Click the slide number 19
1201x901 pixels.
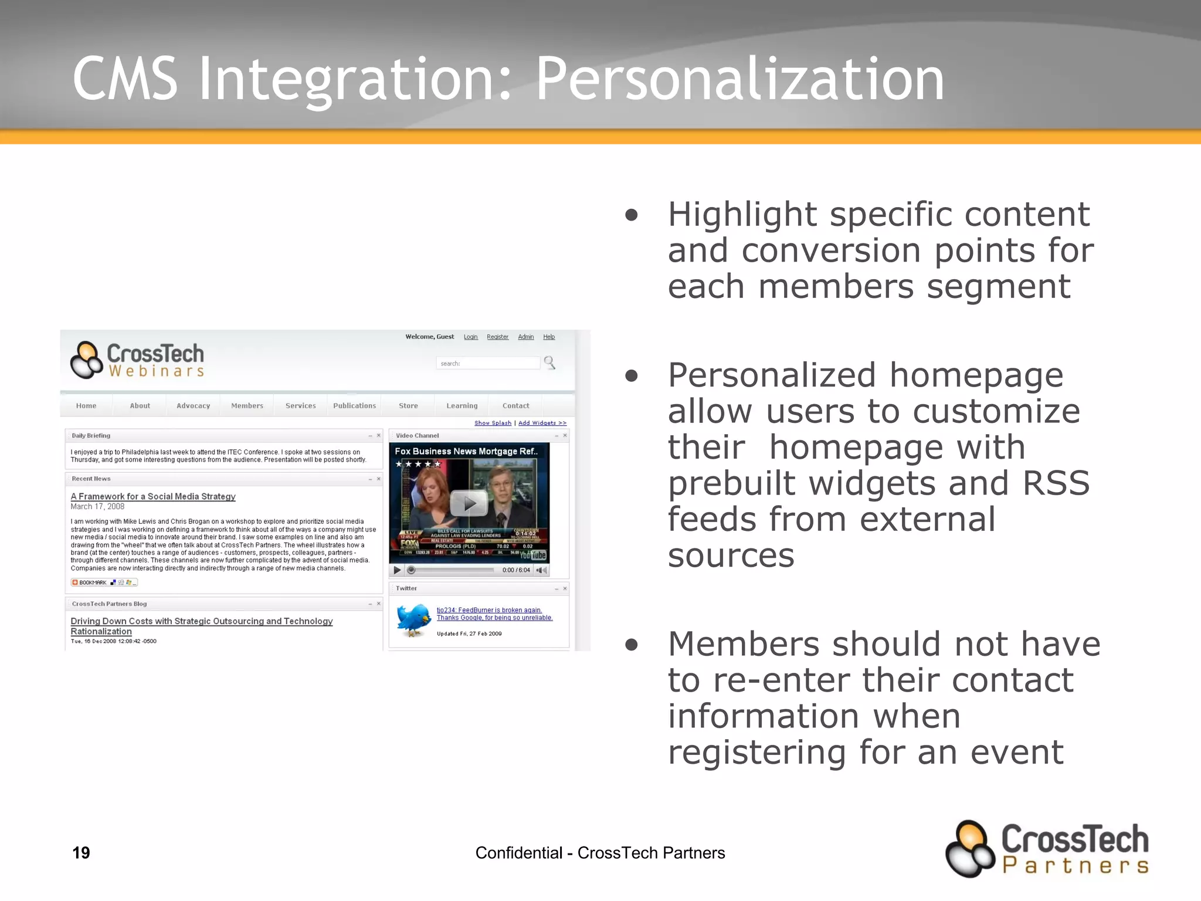click(81, 852)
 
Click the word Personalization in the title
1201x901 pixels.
click(740, 79)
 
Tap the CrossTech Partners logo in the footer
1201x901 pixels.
click(1047, 849)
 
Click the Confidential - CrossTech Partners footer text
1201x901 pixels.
click(600, 852)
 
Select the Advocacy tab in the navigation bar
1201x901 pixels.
click(193, 406)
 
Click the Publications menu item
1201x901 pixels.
click(354, 406)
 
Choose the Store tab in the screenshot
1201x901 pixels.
click(408, 406)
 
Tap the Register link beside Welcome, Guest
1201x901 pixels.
click(497, 337)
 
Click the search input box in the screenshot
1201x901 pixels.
click(488, 364)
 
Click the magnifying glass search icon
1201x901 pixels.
click(549, 363)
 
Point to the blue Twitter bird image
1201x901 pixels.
click(413, 620)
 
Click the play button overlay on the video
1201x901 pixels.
click(469, 503)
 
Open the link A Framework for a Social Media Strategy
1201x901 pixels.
click(153, 496)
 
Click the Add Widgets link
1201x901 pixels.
click(542, 423)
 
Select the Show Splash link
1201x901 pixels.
click(493, 423)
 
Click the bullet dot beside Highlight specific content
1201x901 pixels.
click(632, 215)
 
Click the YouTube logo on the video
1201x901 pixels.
click(533, 555)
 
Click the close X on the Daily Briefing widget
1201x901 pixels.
click(378, 435)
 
